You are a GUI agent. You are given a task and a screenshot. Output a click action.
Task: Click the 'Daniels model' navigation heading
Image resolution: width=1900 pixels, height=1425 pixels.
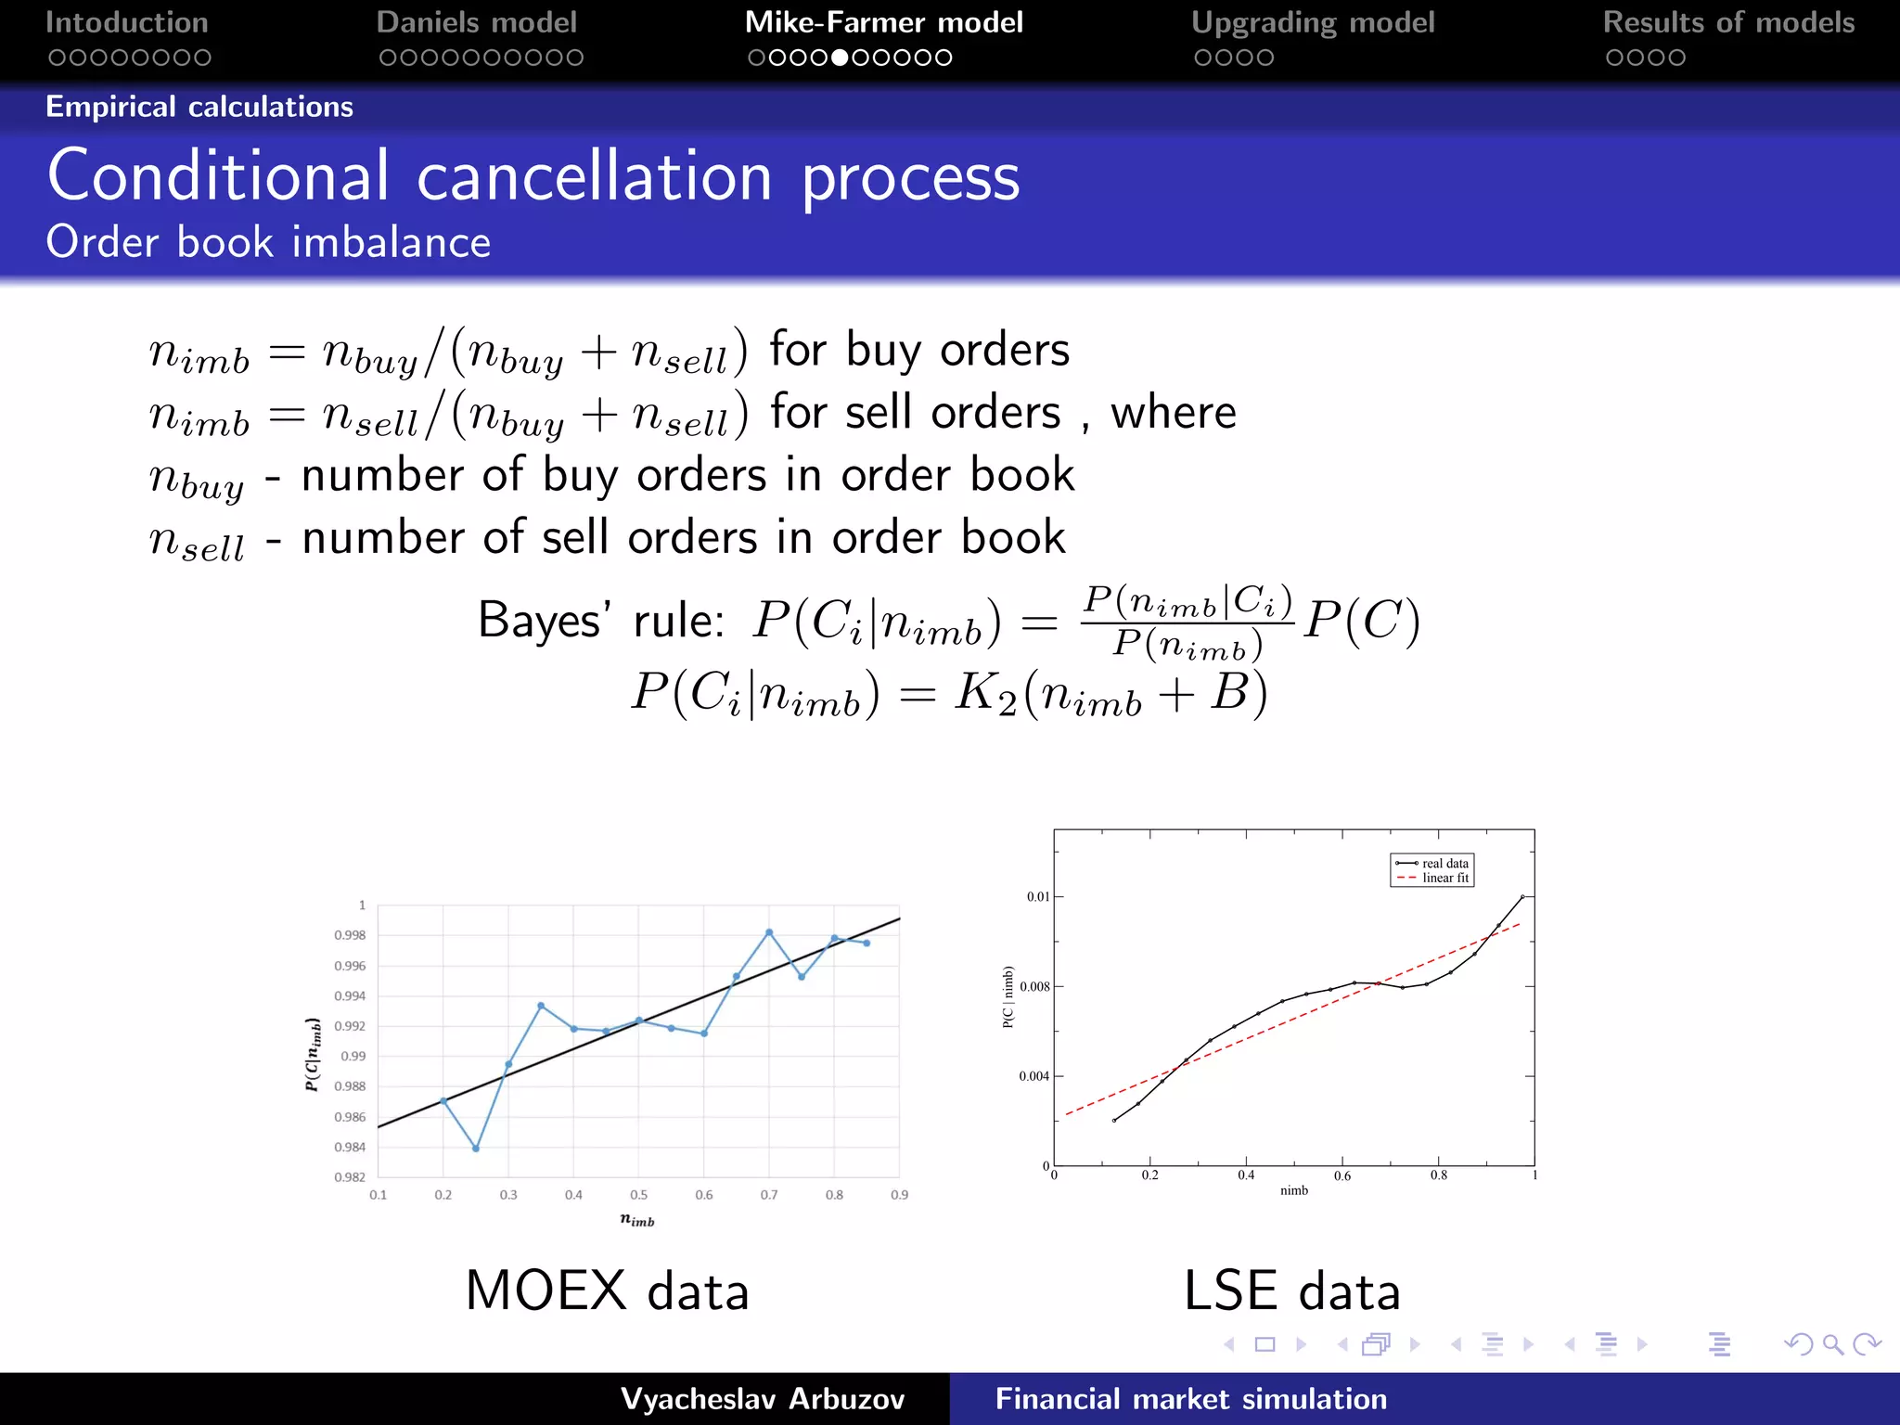coord(477,22)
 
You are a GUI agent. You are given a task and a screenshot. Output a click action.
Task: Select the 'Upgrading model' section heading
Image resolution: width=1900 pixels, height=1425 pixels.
coord(1312,22)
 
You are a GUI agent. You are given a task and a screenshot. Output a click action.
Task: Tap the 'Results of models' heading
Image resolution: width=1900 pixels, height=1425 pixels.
coord(1728,22)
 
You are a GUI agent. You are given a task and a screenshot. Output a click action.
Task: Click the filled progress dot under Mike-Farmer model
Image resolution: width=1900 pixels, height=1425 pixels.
coord(840,58)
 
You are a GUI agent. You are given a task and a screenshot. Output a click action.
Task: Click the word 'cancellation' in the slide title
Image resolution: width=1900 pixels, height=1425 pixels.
coord(594,176)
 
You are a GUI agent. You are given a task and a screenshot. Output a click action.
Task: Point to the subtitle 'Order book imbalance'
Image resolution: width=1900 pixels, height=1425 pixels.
coord(268,242)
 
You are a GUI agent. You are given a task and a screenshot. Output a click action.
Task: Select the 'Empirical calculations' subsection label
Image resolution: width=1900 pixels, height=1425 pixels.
coord(199,107)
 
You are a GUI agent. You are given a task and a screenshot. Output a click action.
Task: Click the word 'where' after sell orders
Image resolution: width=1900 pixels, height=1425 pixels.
coord(1174,412)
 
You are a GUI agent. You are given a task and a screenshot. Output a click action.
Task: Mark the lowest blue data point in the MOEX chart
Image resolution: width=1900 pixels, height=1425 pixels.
coord(476,1149)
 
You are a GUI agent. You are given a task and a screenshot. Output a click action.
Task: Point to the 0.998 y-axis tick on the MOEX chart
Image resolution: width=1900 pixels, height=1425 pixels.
coord(350,935)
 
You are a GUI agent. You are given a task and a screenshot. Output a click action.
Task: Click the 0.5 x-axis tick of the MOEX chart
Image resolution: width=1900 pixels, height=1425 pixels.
coord(639,1195)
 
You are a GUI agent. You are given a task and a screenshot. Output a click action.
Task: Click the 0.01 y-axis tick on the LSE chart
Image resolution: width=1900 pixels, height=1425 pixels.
coord(1038,896)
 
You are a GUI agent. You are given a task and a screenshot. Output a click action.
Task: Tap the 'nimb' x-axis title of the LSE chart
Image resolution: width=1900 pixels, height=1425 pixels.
coord(1294,1190)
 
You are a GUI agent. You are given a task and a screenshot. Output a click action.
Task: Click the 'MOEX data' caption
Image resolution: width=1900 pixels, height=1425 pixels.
coord(607,1290)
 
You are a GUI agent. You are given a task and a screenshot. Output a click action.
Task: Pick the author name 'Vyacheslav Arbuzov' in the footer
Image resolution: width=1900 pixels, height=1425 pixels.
coord(763,1399)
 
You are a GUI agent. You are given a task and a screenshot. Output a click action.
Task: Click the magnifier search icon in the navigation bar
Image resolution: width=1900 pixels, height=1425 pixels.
coord(1832,1344)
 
